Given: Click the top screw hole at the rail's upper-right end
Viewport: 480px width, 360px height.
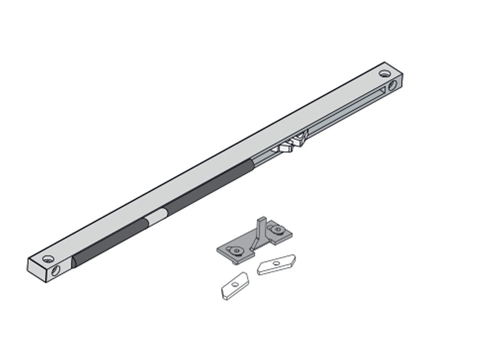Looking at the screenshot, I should point(385,74).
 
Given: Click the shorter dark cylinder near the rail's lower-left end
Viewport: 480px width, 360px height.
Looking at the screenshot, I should point(111,242).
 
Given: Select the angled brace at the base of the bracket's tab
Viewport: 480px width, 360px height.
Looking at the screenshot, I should point(255,243).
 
